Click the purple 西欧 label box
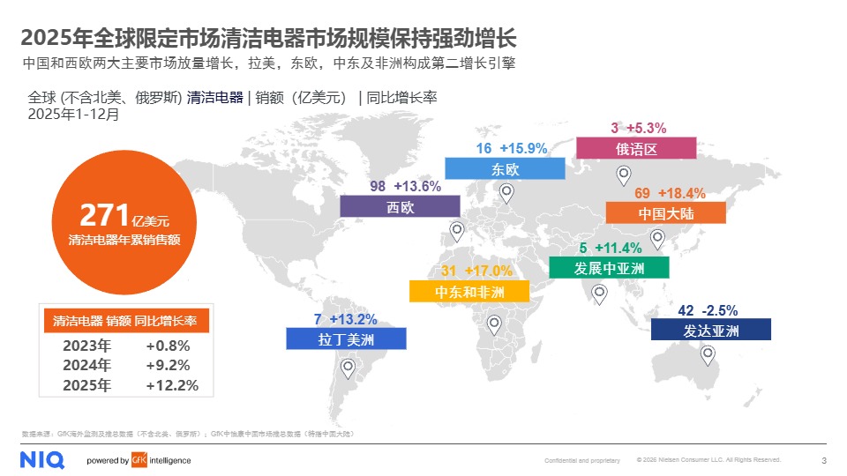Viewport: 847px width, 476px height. [400, 206]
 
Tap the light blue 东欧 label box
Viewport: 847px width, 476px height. [505, 168]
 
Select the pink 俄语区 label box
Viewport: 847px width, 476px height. [636, 148]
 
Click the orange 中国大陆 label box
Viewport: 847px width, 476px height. [665, 212]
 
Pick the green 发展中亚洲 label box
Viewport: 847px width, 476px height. [609, 267]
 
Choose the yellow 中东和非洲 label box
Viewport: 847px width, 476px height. [469, 292]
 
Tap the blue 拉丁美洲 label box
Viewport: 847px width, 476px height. [346, 338]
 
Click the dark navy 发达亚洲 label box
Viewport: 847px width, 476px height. [710, 330]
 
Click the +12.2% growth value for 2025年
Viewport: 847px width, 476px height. [172, 385]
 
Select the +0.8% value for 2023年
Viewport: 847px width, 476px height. [168, 346]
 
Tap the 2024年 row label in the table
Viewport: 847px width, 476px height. [86, 365]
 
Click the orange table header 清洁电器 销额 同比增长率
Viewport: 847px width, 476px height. [125, 321]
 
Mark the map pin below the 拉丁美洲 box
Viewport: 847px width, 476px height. [348, 368]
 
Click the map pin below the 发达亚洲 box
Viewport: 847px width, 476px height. [708, 355]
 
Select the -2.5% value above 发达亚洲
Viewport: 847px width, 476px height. [719, 310]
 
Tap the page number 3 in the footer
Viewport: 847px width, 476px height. [823, 460]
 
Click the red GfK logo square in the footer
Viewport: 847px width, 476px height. [138, 460]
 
